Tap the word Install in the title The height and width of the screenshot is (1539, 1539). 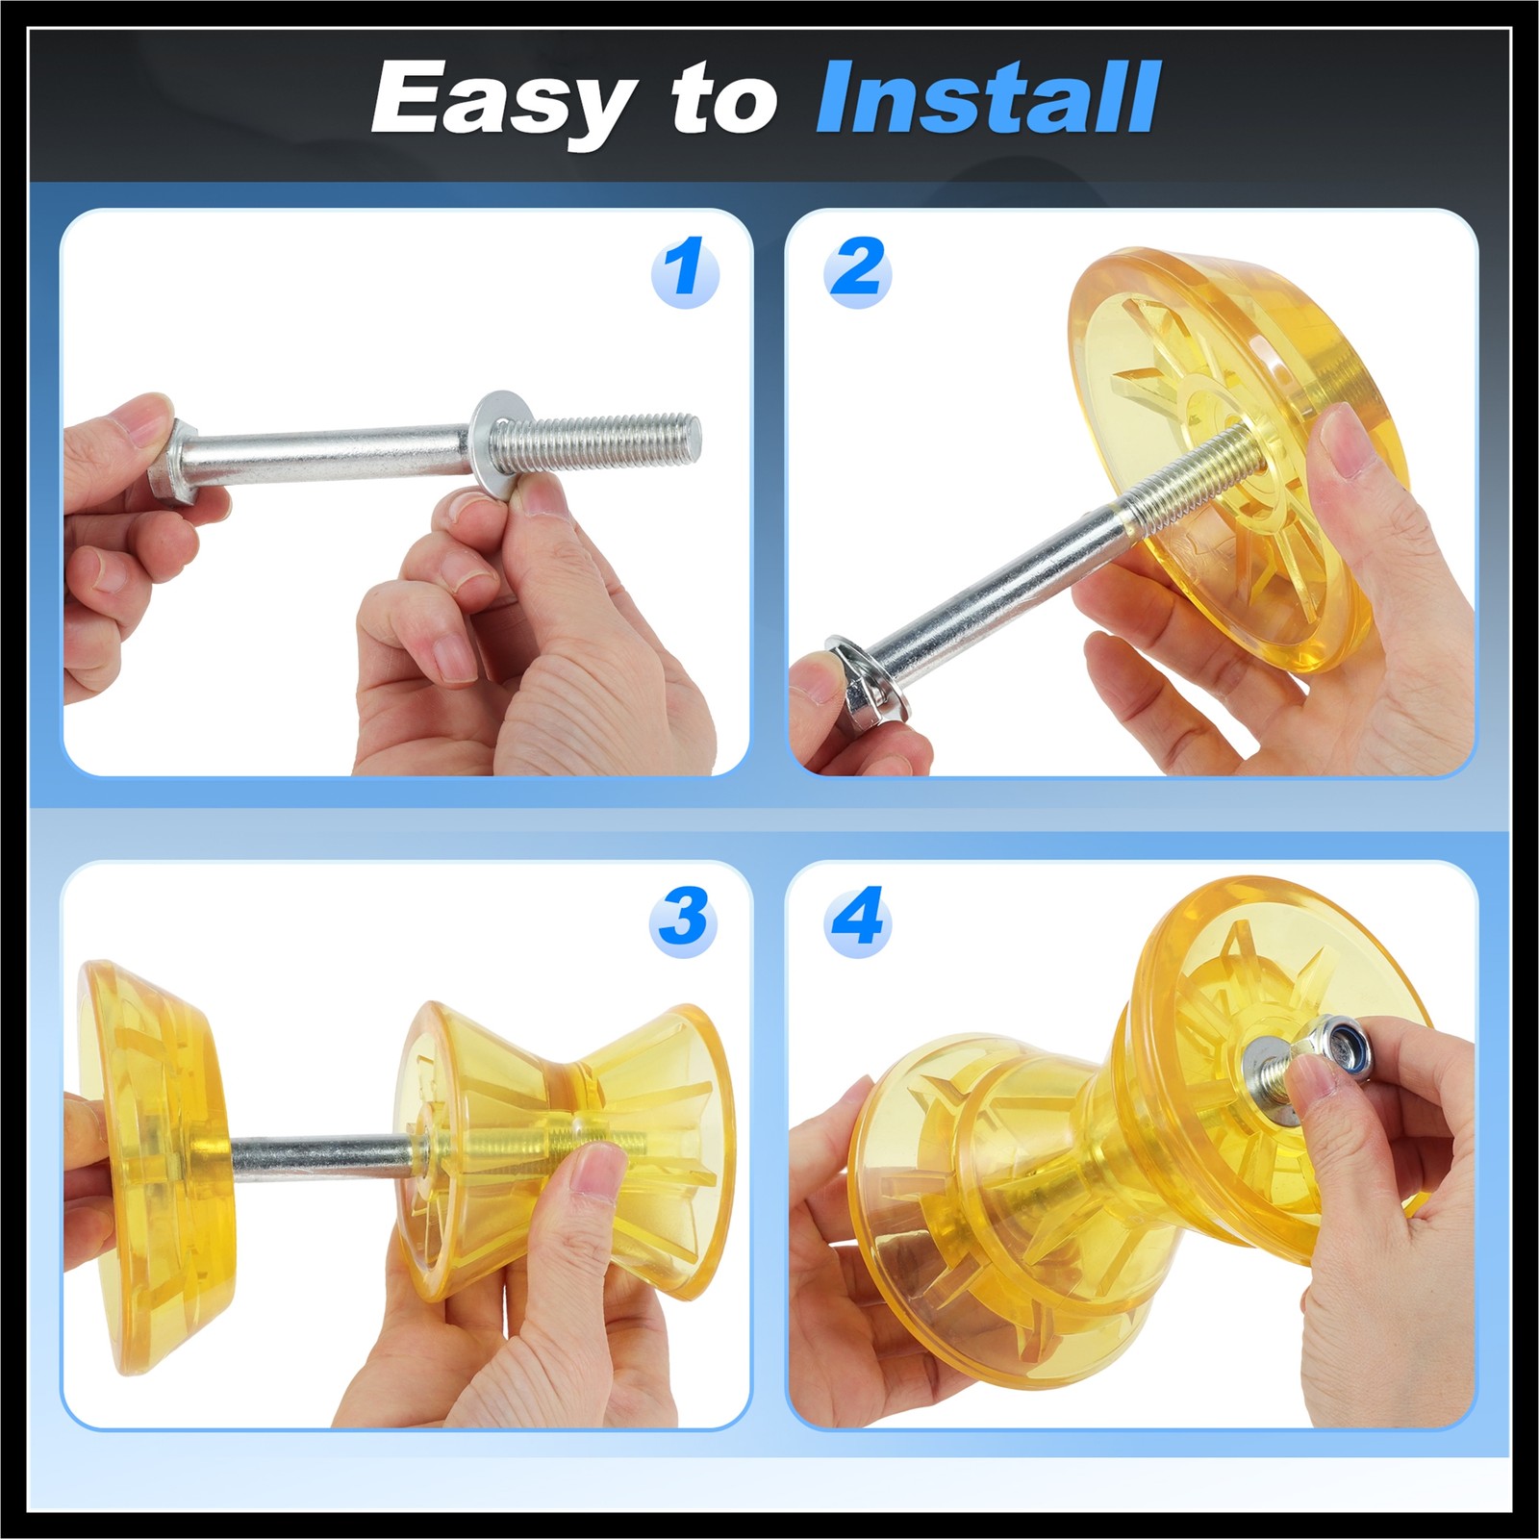coord(988,97)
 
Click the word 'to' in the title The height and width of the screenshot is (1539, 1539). coord(724,100)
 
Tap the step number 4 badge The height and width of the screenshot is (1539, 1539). coord(857,919)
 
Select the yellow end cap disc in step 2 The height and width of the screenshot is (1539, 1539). coord(1241,442)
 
